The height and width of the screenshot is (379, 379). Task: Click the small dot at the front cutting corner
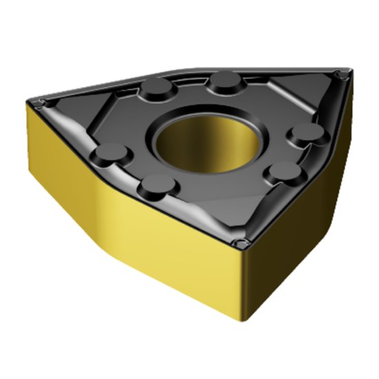[240, 243]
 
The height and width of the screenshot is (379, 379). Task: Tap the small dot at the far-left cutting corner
[41, 103]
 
